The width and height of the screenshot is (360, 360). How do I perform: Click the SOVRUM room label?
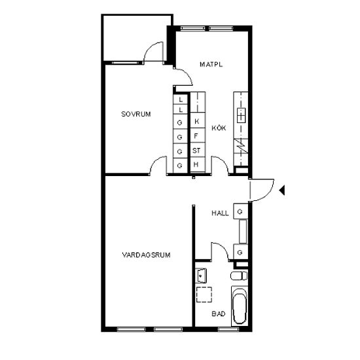pos(136,114)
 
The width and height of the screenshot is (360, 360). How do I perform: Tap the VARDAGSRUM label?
pos(146,255)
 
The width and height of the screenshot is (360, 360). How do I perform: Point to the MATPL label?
pos(211,65)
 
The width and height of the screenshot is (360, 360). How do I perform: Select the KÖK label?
pos(219,128)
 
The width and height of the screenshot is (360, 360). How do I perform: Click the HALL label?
pos(220,213)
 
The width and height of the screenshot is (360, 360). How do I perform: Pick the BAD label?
pos(219,314)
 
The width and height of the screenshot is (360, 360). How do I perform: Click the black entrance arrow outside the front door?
pos(282,190)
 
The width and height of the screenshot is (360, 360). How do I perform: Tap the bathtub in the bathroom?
pos(240,306)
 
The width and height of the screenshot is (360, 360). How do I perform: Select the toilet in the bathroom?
pos(239,276)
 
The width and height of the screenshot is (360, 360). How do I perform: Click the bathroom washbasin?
pos(202,275)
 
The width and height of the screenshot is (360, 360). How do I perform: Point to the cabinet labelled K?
pos(198,120)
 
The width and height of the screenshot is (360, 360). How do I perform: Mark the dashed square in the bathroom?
pos(204,295)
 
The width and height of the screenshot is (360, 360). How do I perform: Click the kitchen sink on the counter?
pos(241,115)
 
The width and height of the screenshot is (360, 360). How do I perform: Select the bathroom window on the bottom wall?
pos(228,329)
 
